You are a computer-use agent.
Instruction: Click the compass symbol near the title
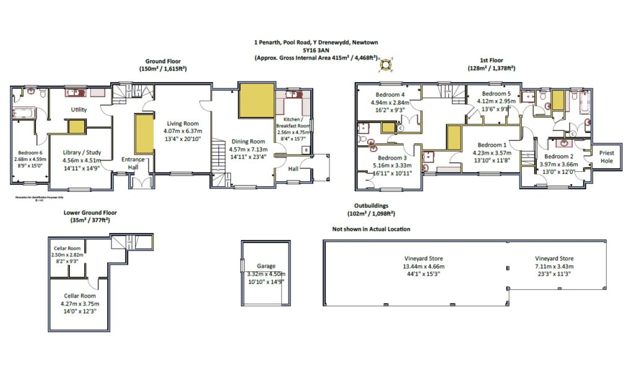pos(386,64)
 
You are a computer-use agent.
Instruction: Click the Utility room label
pos(79,109)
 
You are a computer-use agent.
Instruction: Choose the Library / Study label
pos(87,153)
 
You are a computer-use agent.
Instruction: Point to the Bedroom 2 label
pos(558,156)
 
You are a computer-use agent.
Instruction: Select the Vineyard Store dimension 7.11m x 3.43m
pos(554,267)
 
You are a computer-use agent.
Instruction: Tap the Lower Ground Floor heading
pos(90,212)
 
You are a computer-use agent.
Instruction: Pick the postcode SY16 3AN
pos(316,50)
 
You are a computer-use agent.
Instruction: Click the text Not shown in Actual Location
pos(371,229)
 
